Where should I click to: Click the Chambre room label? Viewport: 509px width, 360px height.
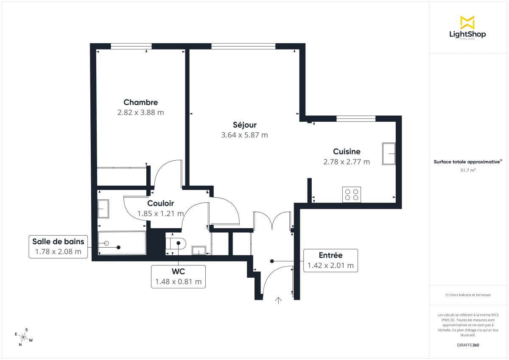(x=140, y=102)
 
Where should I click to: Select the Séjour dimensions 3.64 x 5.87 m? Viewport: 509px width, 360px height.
(x=244, y=135)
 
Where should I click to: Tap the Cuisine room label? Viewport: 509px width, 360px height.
(x=347, y=151)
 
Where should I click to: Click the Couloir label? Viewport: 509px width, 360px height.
(x=160, y=204)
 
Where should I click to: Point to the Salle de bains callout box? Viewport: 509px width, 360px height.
(x=58, y=247)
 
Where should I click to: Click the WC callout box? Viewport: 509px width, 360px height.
(x=178, y=276)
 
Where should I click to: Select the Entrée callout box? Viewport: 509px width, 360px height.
(x=330, y=260)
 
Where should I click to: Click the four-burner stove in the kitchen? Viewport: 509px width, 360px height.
(x=352, y=194)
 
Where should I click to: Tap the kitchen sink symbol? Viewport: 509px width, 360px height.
(x=389, y=153)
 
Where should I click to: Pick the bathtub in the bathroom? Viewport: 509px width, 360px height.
(x=122, y=243)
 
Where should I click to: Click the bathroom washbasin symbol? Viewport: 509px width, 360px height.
(x=103, y=209)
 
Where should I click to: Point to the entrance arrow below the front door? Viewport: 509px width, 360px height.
(x=278, y=301)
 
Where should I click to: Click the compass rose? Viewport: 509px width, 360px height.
(x=24, y=338)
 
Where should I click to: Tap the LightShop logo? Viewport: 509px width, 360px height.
(x=467, y=28)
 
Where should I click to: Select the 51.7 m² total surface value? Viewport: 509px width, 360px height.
(x=467, y=170)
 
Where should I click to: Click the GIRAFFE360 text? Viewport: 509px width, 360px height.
(x=467, y=345)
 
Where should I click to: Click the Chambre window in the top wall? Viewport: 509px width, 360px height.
(x=131, y=46)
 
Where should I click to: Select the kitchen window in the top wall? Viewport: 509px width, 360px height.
(x=356, y=118)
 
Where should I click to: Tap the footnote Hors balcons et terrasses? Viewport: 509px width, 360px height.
(x=467, y=295)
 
